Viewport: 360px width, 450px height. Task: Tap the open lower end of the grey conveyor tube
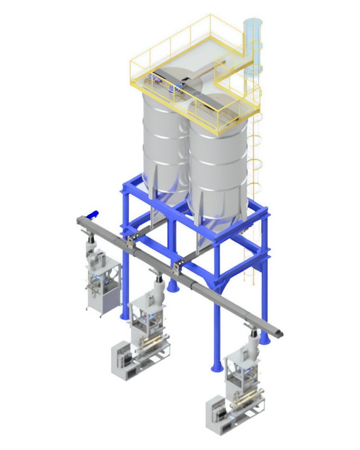click(x=280, y=333)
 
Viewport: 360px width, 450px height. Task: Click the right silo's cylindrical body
click(x=218, y=157)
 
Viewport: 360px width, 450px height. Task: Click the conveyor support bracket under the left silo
click(x=131, y=242)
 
